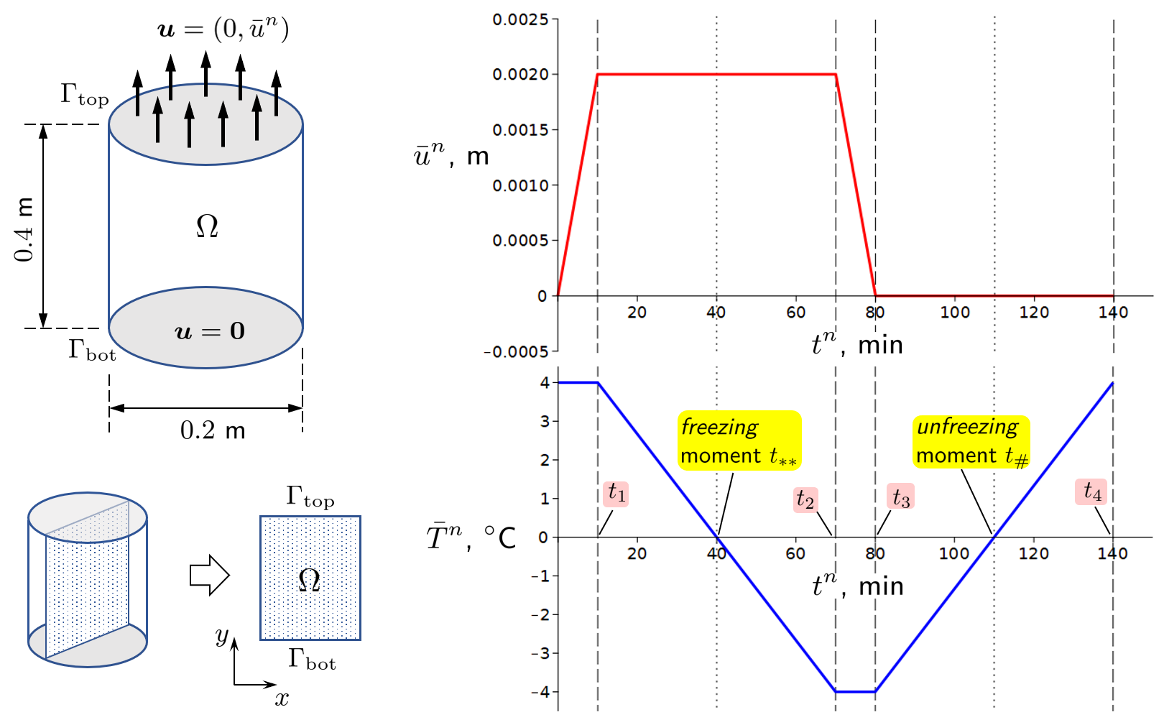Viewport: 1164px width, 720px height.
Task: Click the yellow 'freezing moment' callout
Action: tap(739, 440)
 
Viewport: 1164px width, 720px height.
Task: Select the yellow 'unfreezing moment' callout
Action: tap(971, 440)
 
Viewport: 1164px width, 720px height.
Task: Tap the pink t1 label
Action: tap(616, 494)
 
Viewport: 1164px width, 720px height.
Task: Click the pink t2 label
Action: tap(805, 499)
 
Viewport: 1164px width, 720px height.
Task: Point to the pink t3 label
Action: tap(900, 497)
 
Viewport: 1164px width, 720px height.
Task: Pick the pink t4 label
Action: tap(1091, 492)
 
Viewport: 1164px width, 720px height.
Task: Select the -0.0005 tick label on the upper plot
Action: tap(516, 351)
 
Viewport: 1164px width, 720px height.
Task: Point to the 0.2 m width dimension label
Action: tap(212, 430)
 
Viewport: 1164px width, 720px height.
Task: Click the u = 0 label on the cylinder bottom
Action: tap(210, 331)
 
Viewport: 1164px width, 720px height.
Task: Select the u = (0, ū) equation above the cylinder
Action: tap(223, 29)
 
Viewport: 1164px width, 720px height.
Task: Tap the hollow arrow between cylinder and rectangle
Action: tap(209, 575)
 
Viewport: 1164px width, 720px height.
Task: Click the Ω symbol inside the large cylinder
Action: tap(207, 226)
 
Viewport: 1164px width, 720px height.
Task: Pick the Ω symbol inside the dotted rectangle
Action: tap(309, 579)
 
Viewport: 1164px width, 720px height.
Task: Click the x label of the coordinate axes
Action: tap(282, 698)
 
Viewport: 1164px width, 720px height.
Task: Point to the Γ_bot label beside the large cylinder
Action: tap(92, 350)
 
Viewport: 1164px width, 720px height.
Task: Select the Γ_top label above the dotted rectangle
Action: tap(310, 497)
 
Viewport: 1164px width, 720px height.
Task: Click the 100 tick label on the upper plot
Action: tap(955, 313)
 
